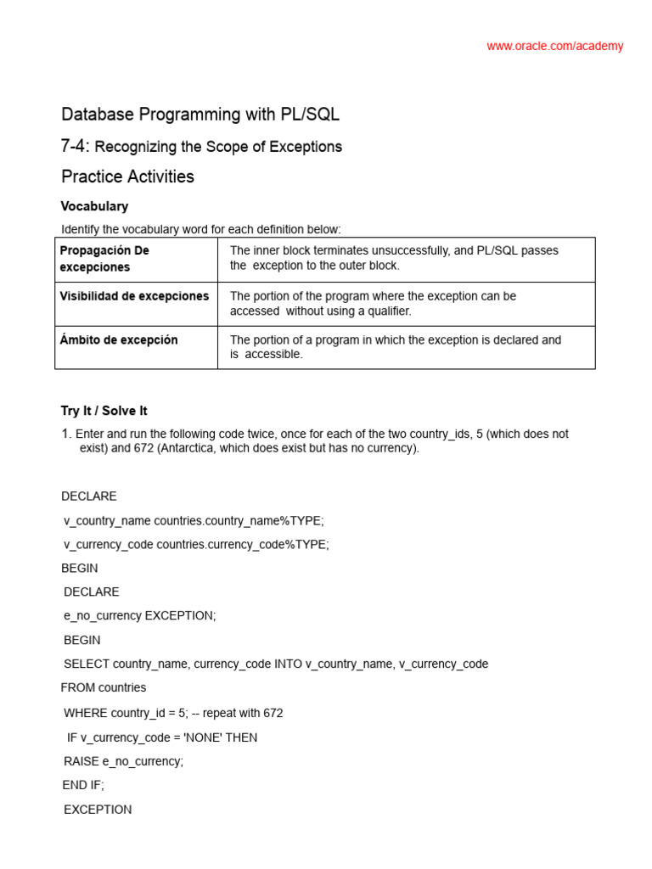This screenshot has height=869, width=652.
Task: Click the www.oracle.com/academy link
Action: point(554,47)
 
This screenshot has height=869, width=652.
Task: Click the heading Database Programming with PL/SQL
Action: point(200,115)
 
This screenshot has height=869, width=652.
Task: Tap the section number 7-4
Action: point(75,147)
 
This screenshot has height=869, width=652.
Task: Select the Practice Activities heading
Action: point(127,177)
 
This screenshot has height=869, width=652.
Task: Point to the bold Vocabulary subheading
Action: point(94,206)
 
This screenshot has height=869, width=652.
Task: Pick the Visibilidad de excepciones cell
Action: point(134,296)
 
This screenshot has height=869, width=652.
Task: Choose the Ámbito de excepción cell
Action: point(119,339)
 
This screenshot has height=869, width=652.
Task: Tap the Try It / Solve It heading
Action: point(104,411)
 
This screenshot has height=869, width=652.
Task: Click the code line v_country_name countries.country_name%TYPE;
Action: point(194,520)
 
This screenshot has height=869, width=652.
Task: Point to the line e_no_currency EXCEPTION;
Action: point(140,616)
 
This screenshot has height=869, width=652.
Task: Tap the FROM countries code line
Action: point(104,687)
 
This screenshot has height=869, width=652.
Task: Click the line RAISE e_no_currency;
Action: point(123,761)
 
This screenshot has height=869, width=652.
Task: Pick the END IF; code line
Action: point(83,785)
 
